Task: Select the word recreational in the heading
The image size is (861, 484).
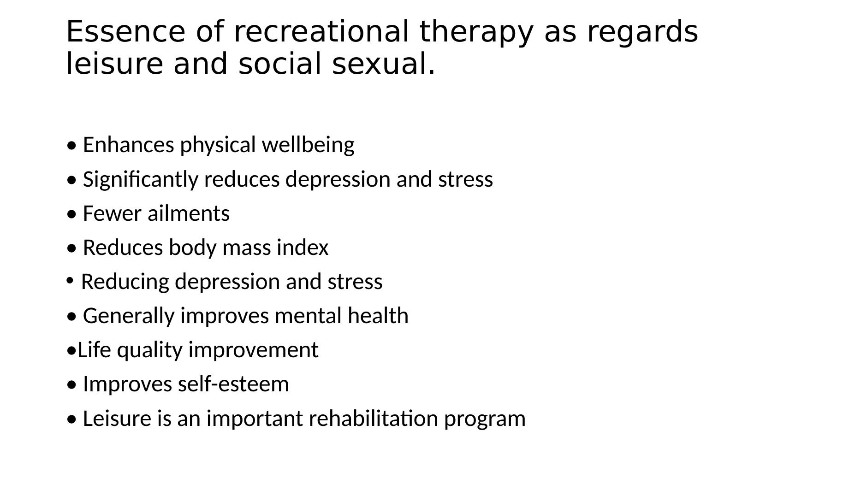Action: (321, 32)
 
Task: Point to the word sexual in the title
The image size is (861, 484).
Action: (383, 64)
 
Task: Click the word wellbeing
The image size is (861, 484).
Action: (308, 145)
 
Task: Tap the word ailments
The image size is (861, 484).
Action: (189, 213)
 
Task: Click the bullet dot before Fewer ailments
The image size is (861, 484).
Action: (71, 215)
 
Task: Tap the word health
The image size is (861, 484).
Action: (378, 316)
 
